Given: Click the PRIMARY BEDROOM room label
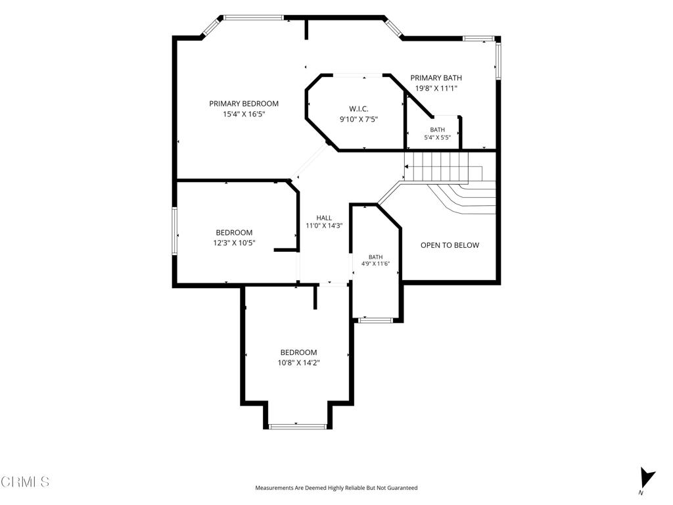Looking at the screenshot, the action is [x=243, y=103].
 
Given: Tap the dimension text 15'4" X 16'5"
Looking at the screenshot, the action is [x=244, y=114].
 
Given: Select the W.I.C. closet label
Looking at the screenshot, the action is [x=358, y=109].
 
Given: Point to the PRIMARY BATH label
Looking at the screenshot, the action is [x=436, y=78].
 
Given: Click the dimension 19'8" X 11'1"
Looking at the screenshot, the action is [x=436, y=89].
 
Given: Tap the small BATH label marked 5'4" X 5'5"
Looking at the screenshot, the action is [x=437, y=130].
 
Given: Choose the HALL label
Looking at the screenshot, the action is [x=324, y=218].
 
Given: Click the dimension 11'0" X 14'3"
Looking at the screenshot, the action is [x=324, y=226].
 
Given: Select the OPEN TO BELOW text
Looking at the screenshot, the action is [x=450, y=245].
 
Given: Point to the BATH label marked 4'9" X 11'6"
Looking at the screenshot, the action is [x=375, y=257].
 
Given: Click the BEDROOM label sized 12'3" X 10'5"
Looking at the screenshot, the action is [x=234, y=233].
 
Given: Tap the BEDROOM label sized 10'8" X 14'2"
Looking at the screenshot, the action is [x=299, y=352].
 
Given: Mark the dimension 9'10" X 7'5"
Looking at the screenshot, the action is [x=359, y=120].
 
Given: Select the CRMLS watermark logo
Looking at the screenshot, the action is [x=26, y=481].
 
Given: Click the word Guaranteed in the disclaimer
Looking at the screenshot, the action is [x=403, y=488].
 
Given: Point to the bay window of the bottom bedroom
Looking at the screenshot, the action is [x=298, y=426].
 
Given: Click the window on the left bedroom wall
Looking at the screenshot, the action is [x=175, y=231].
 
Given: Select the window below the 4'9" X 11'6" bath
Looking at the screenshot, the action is [x=375, y=320].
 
